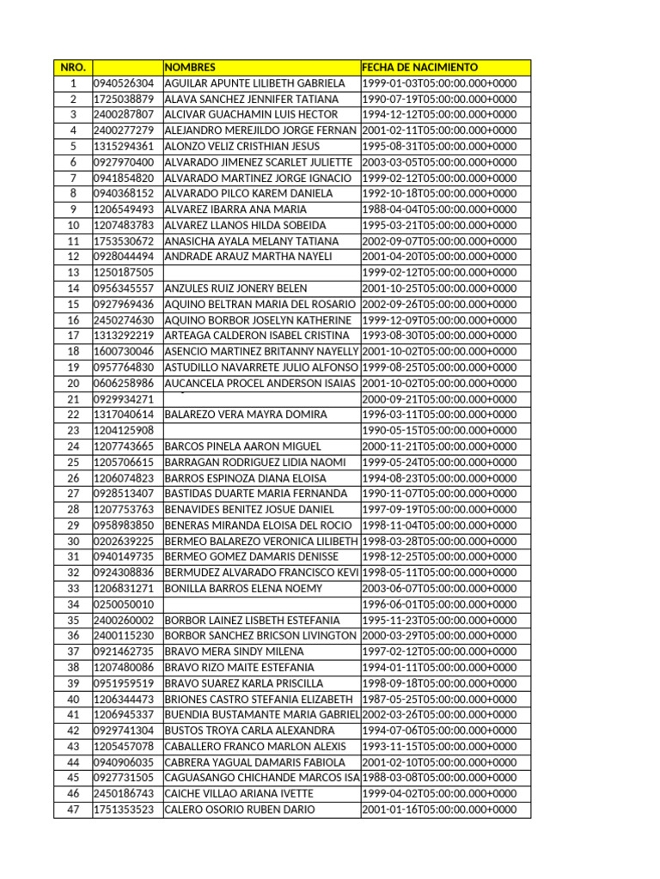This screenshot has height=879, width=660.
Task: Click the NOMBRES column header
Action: click(190, 67)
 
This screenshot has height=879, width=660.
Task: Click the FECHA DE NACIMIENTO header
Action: click(420, 67)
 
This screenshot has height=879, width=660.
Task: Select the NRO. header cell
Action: click(73, 67)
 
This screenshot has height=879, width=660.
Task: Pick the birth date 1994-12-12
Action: click(439, 114)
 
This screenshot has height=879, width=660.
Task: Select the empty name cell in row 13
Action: click(261, 272)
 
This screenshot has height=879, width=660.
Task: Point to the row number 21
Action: click(73, 399)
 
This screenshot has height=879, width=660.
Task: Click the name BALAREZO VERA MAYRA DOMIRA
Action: click(245, 415)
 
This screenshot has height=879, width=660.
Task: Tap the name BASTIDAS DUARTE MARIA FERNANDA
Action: click(255, 494)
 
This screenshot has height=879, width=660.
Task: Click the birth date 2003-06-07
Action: click(439, 589)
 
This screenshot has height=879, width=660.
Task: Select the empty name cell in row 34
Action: click(261, 604)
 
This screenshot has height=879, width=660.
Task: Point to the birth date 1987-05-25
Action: click(439, 699)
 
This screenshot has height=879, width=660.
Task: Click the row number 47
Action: click(73, 809)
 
